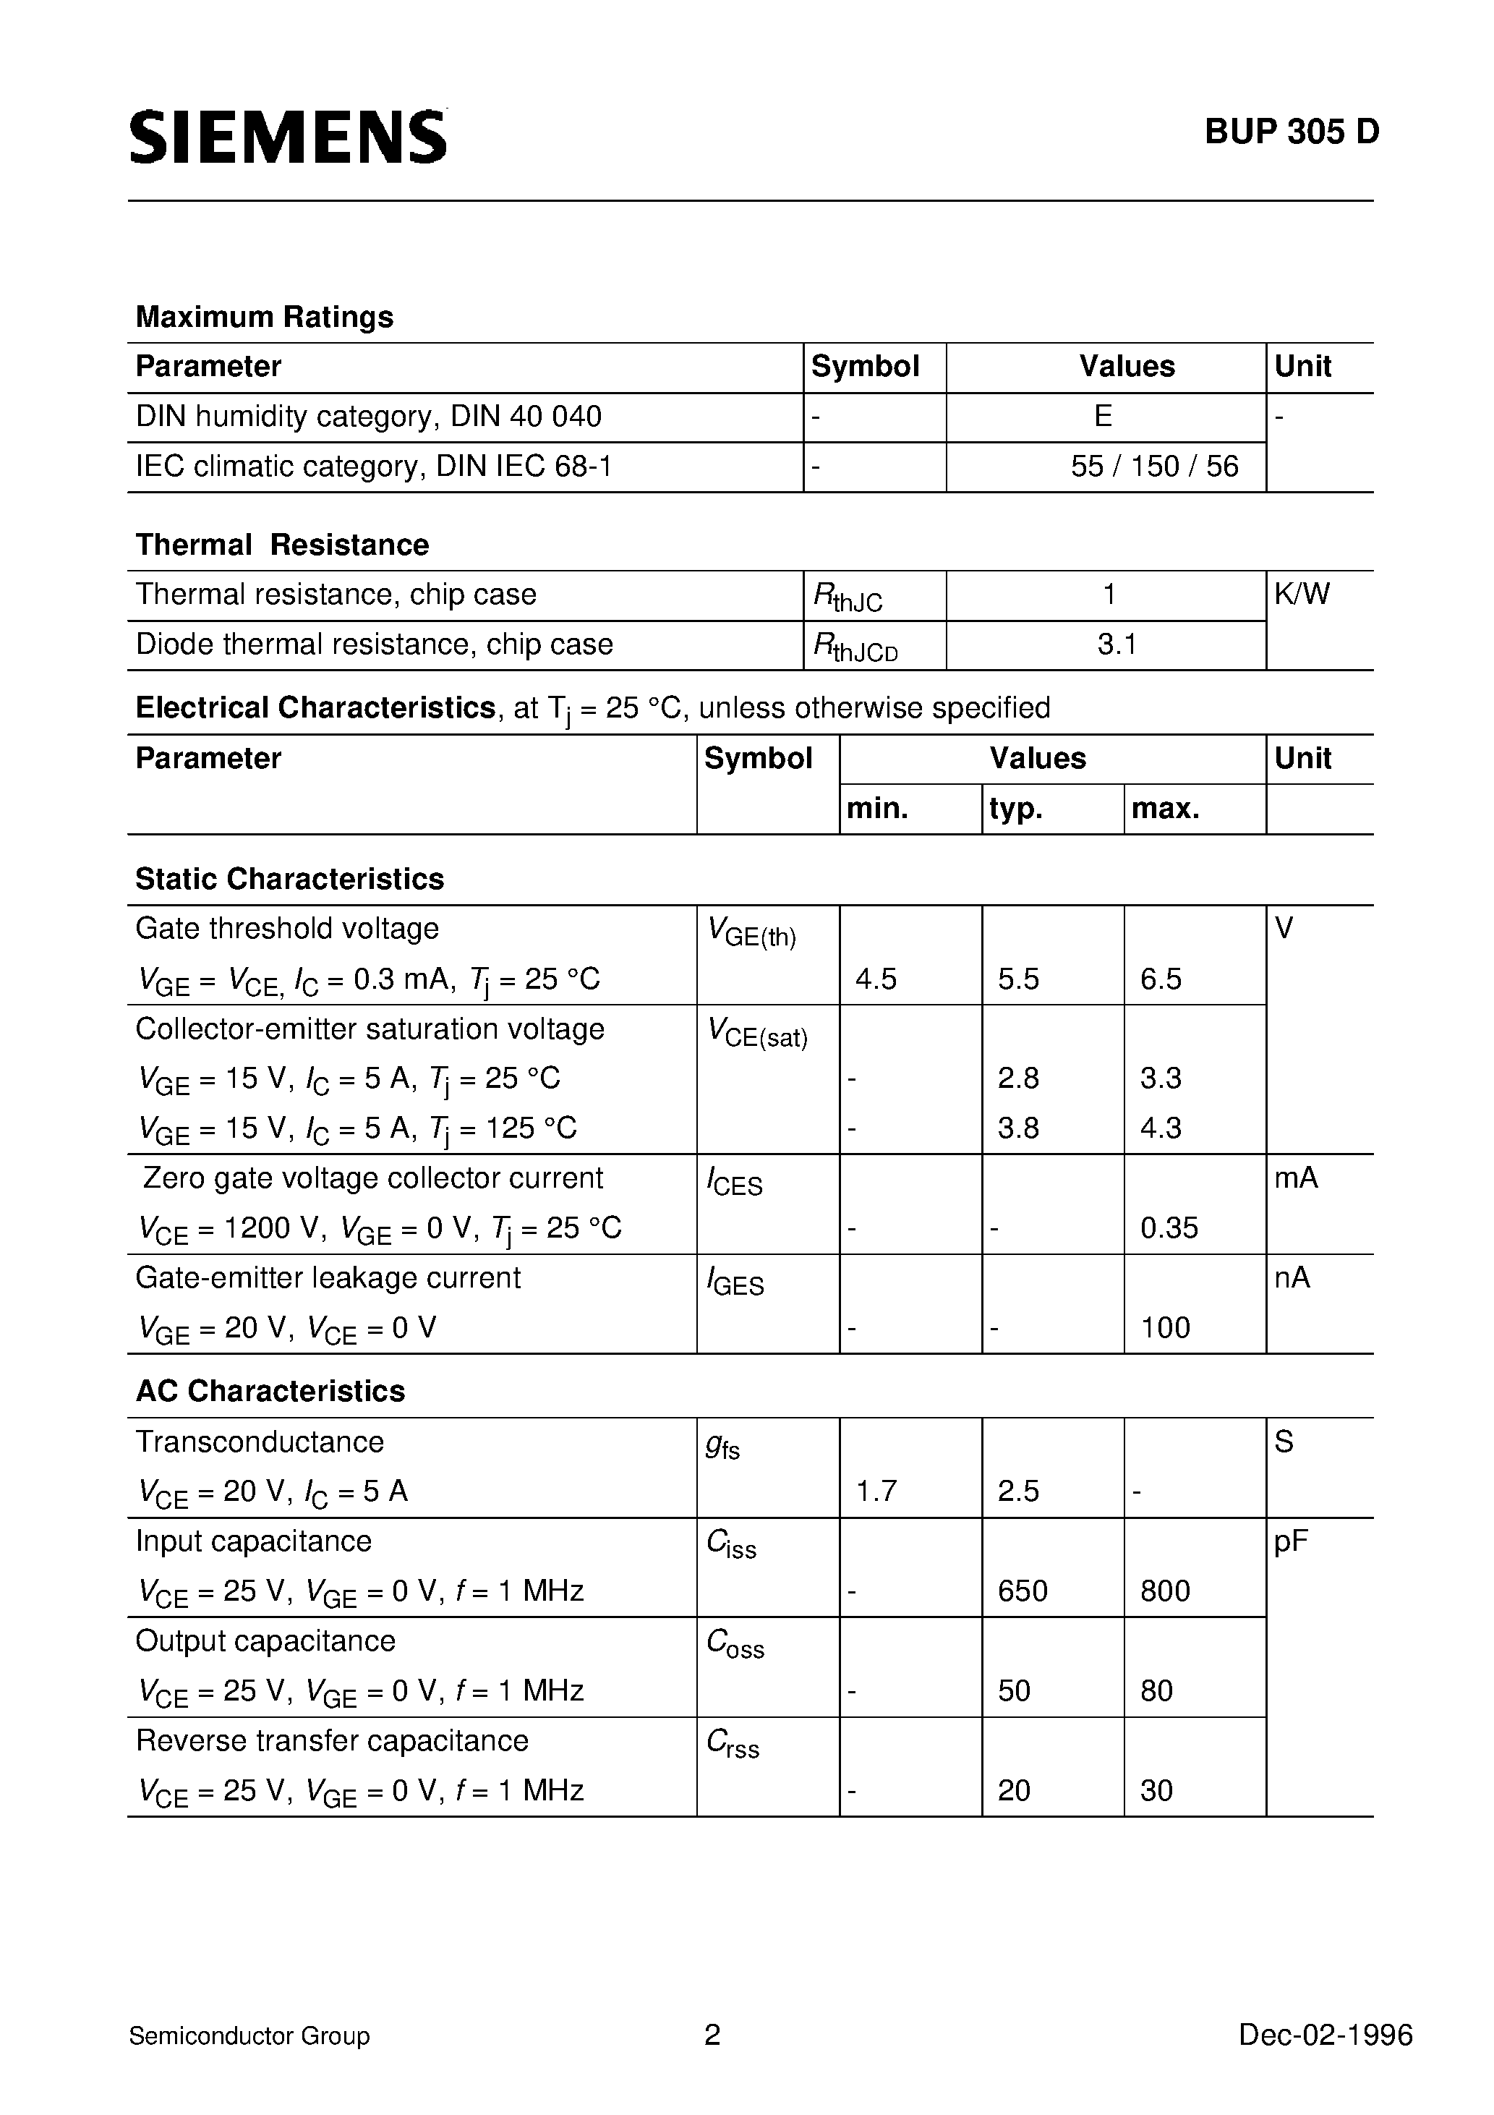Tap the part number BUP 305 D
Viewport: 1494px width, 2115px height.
(1292, 132)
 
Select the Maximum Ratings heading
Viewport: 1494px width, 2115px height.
(265, 317)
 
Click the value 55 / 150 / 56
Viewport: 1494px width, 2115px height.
(1154, 466)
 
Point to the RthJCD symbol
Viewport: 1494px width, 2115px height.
(854, 647)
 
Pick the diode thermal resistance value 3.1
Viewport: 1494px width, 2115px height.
(1117, 644)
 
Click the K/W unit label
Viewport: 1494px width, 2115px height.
(1302, 594)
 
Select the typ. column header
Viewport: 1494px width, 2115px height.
(1016, 809)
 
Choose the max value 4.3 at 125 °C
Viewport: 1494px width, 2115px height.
(1161, 1128)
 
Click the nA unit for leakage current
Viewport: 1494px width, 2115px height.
(1292, 1277)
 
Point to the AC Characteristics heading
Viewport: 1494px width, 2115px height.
(270, 1391)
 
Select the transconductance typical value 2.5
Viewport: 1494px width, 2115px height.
(1017, 1491)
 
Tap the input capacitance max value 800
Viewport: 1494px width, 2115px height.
(1165, 1591)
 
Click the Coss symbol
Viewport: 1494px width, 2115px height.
(735, 1643)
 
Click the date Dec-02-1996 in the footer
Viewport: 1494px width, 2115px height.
(1326, 2035)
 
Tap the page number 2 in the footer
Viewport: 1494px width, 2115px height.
(712, 2034)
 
